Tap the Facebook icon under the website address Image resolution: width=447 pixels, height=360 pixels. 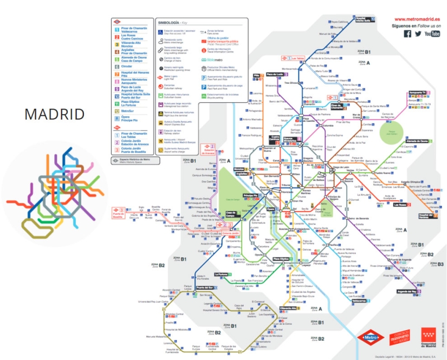point(407,34)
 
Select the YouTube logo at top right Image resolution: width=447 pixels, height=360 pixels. point(432,34)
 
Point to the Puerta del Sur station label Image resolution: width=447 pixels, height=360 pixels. point(204,287)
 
